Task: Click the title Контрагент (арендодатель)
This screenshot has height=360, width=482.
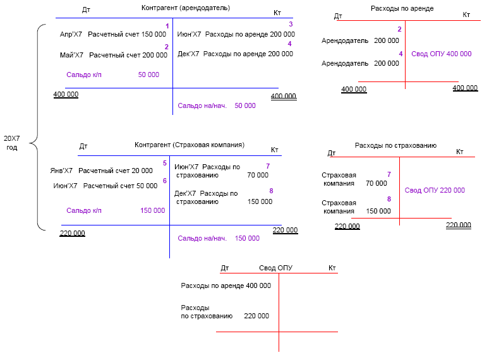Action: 185,8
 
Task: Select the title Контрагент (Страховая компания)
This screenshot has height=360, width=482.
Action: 189,145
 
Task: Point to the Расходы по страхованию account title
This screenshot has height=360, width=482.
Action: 395,145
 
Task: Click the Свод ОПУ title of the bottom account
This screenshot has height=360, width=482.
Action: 275,268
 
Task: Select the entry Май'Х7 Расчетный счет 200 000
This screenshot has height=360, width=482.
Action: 107,56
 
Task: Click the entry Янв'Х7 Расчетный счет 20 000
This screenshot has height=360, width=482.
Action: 101,171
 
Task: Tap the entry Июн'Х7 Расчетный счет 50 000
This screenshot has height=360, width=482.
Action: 105,186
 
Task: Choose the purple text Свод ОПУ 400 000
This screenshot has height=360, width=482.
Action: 441,54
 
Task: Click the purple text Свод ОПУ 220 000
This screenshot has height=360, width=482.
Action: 435,190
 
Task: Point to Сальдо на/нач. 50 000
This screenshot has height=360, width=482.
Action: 217,106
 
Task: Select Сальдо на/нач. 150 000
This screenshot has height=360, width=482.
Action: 218,238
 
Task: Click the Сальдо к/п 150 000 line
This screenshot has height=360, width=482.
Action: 115,211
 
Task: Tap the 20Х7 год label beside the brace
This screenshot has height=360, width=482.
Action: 12,142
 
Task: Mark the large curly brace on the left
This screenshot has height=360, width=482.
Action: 36,126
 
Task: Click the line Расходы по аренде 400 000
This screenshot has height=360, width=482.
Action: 226,285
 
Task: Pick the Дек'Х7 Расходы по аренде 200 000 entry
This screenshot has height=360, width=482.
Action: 235,54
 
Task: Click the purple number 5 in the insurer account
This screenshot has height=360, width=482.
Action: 165,163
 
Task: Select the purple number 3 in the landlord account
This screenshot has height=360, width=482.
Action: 291,24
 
